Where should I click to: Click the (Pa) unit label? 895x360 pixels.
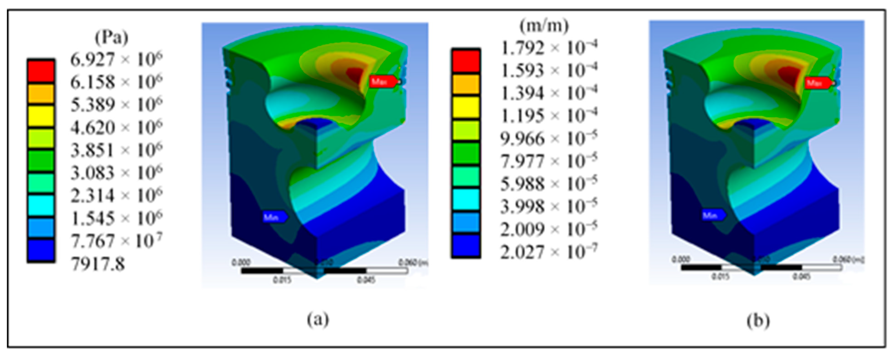[112, 38]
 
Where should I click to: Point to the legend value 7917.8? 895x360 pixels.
[98, 265]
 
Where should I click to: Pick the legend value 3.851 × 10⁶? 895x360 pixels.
[116, 150]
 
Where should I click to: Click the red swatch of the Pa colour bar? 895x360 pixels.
[41, 71]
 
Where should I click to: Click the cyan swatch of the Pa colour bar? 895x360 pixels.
[41, 205]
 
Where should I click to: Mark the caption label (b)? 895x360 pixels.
[758, 320]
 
